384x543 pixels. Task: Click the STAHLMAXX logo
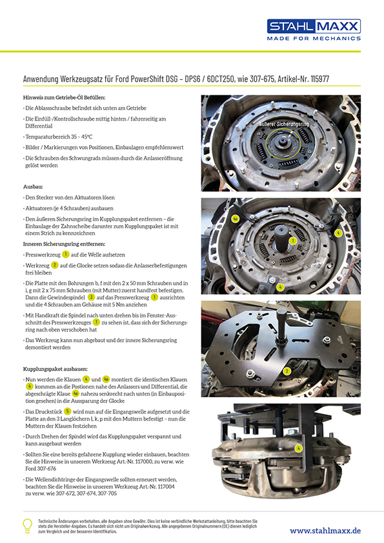click(x=314, y=26)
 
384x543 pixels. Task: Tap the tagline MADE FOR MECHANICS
click(x=314, y=39)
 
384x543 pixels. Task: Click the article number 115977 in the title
click(x=320, y=79)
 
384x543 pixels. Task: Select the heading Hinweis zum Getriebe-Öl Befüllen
click(x=64, y=97)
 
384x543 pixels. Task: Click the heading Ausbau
click(x=33, y=186)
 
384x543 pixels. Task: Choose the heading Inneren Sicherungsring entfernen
click(x=64, y=244)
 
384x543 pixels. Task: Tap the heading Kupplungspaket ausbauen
click(x=56, y=369)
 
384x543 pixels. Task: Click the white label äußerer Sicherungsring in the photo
click(x=284, y=124)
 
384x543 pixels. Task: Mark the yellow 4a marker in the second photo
click(x=236, y=219)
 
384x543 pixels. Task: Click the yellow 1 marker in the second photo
click(x=293, y=241)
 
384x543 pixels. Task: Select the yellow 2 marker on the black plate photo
click(x=287, y=371)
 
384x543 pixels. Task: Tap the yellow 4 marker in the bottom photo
click(x=298, y=448)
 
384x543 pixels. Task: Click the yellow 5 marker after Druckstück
click(x=67, y=411)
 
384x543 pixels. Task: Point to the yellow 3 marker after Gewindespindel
click(x=91, y=297)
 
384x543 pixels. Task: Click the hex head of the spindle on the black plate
click(x=281, y=315)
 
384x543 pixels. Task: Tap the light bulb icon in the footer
click(x=27, y=526)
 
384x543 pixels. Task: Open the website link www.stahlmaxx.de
click(x=325, y=531)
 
